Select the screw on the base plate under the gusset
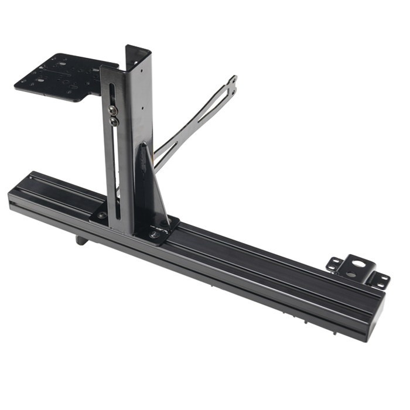click(x=155, y=233)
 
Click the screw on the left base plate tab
click(x=103, y=215)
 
